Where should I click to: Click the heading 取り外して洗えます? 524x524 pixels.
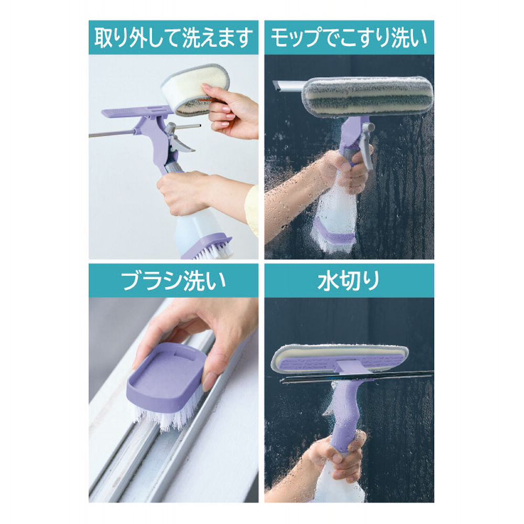click(173, 38)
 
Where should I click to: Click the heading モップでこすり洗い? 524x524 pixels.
click(349, 38)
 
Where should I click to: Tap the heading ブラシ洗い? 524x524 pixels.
click(173, 281)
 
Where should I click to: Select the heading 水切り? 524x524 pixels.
click(349, 281)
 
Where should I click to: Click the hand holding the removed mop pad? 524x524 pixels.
click(233, 113)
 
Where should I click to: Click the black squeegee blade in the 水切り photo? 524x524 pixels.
click(356, 379)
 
